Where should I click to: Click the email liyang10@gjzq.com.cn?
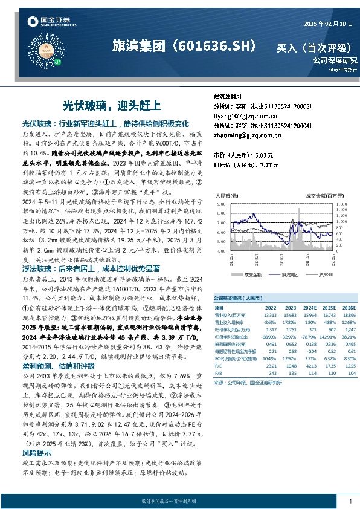pyautogui.click(x=243, y=115)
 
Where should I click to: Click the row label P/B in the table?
pyautogui.click(x=218, y=373)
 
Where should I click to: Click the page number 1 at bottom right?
pyautogui.click(x=350, y=502)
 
